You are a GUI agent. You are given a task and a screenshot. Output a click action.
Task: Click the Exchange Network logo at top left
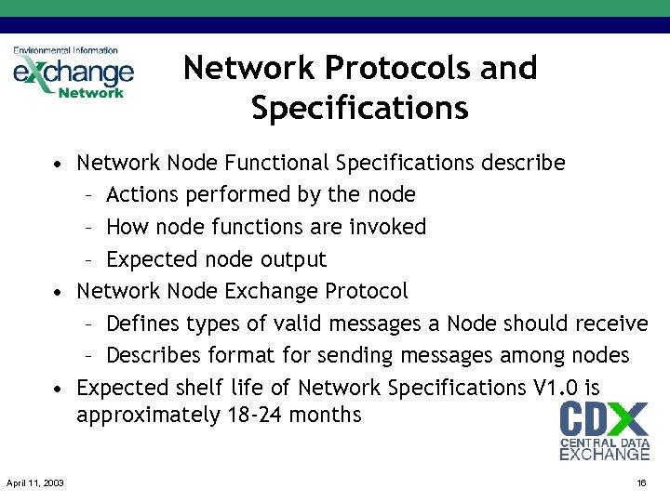click(73, 73)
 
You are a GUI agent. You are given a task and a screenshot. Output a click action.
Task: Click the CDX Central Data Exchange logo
click(604, 430)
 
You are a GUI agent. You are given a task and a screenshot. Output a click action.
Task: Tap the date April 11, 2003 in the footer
click(35, 482)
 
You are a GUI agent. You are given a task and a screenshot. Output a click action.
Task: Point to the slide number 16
click(641, 482)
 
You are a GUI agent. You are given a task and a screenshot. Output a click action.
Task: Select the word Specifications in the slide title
click(359, 109)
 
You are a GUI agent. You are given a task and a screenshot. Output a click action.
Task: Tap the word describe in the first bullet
click(523, 164)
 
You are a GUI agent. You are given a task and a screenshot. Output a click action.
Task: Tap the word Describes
click(153, 355)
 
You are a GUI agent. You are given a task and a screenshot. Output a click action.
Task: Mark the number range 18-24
click(256, 415)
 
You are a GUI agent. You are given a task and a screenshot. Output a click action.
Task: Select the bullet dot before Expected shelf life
click(58, 389)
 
